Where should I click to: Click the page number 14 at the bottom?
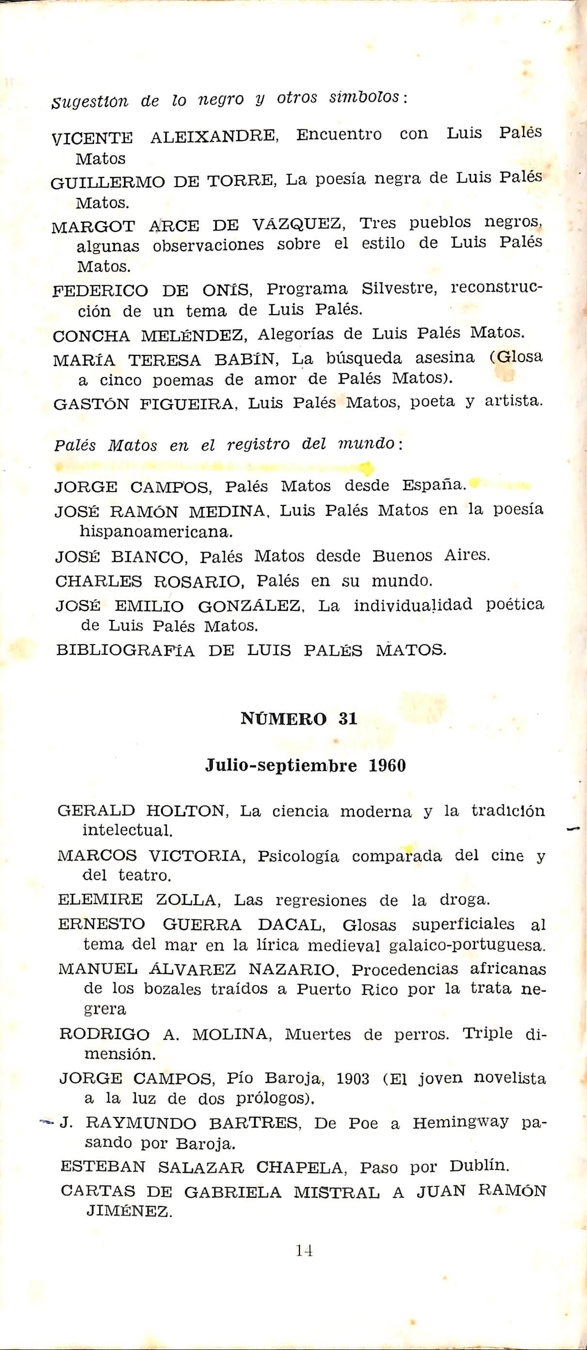tap(304, 1250)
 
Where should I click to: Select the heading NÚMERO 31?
tap(299, 718)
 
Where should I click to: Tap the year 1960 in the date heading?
tap(387, 766)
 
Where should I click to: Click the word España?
tap(434, 485)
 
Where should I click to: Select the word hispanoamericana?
tap(155, 532)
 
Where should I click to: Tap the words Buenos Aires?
tap(431, 556)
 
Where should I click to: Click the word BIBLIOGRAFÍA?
tap(125, 651)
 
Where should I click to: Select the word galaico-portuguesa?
tap(467, 946)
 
